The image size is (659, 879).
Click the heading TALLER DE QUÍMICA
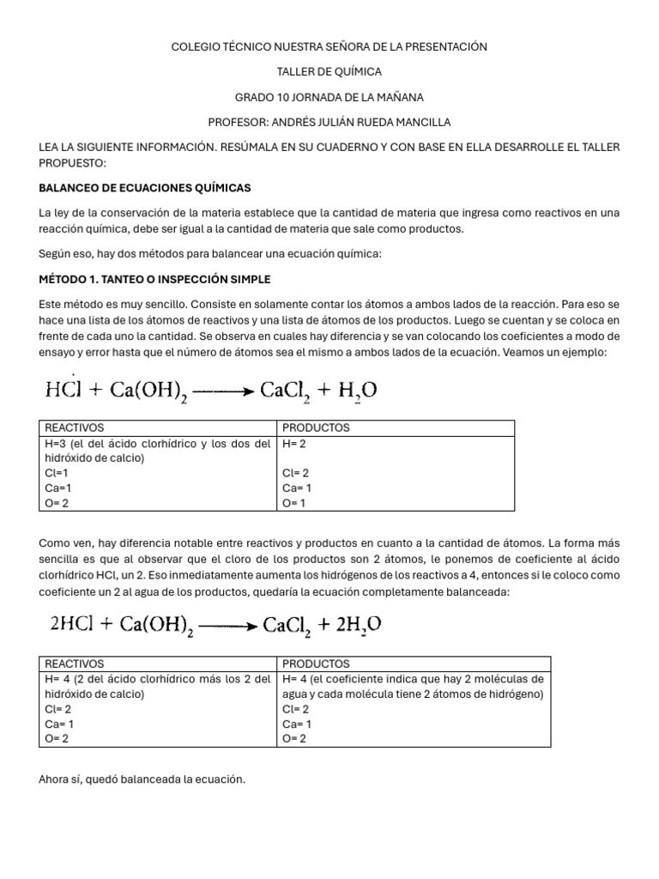pyautogui.click(x=329, y=71)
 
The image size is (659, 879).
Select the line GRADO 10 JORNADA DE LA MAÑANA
pyautogui.click(x=329, y=97)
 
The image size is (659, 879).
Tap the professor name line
pyautogui.click(x=329, y=122)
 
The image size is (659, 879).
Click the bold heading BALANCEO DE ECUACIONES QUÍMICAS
pyautogui.click(x=145, y=187)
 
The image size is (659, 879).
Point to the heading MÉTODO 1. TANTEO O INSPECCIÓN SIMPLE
pyautogui.click(x=154, y=279)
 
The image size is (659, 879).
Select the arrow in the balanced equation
pyautogui.click(x=228, y=625)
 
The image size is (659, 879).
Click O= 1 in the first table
pyautogui.click(x=294, y=503)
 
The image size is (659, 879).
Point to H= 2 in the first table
pyautogui.click(x=294, y=443)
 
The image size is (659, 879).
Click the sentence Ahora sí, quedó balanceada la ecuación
pyautogui.click(x=142, y=779)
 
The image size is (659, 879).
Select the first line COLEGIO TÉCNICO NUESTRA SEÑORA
pyautogui.click(x=329, y=46)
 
